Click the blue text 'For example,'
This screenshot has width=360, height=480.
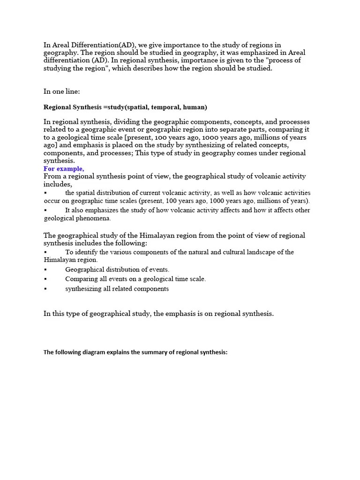(64, 169)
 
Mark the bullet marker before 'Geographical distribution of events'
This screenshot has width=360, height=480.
(45, 270)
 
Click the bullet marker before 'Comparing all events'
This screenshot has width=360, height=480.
(45, 279)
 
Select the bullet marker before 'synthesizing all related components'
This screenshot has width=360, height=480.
(45, 289)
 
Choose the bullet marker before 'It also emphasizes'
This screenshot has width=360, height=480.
(45, 210)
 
